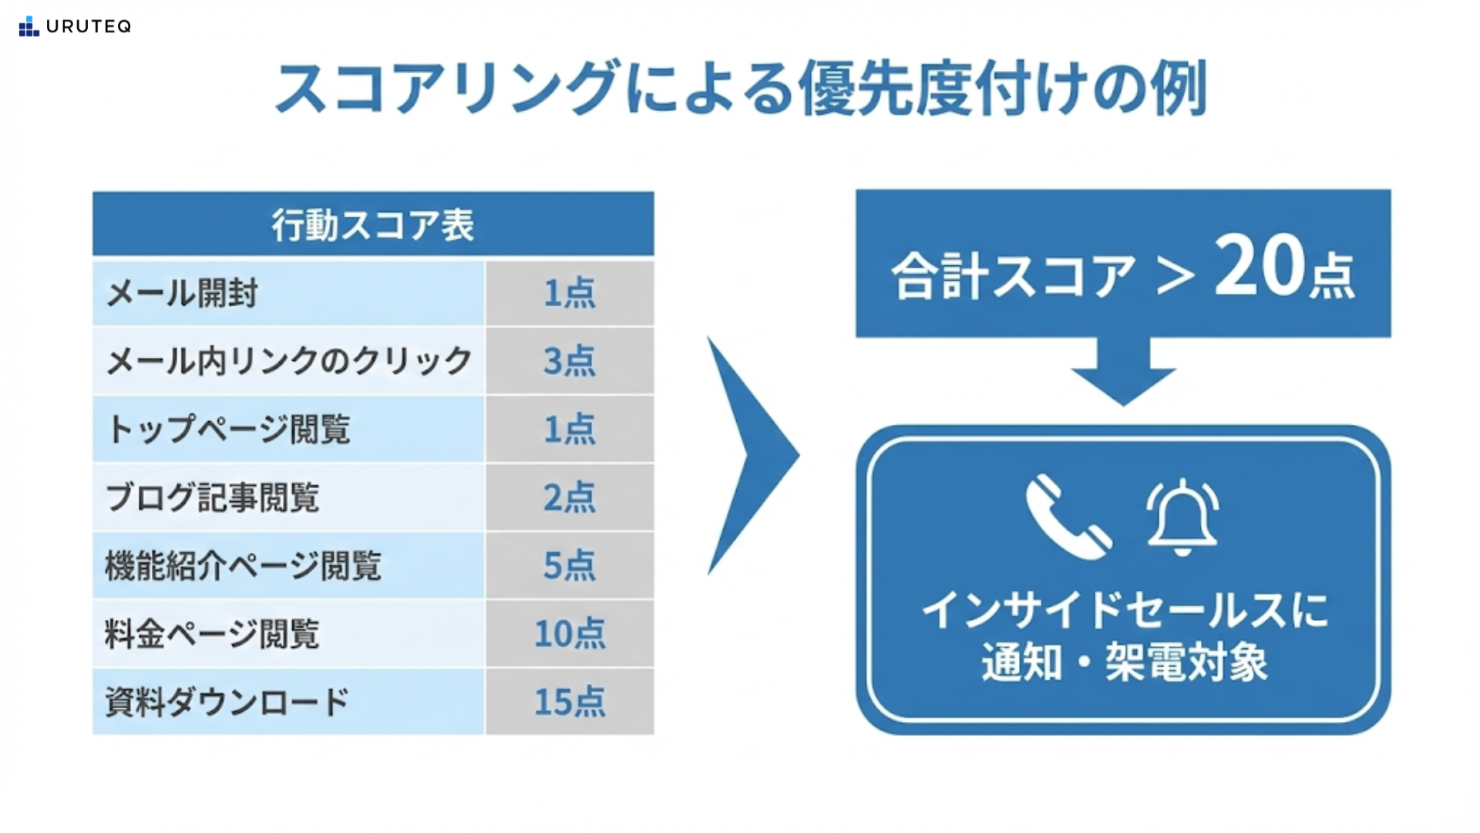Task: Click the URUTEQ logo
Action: pos(75,26)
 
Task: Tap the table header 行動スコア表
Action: pos(373,224)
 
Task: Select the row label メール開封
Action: pos(182,293)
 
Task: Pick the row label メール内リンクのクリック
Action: pos(288,361)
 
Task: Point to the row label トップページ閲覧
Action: pos(228,429)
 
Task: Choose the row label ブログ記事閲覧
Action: pos(212,497)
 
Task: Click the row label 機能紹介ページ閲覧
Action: pos(243,565)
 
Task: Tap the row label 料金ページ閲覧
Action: pos(212,634)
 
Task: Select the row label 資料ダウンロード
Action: pos(227,702)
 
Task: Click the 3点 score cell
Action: pos(570,361)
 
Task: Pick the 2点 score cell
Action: pos(570,497)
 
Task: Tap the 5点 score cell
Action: pos(570,565)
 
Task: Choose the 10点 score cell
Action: pos(570,634)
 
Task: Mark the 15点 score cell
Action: pos(570,702)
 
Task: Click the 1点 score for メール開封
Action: pos(570,293)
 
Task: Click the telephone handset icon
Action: pos(1068,515)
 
